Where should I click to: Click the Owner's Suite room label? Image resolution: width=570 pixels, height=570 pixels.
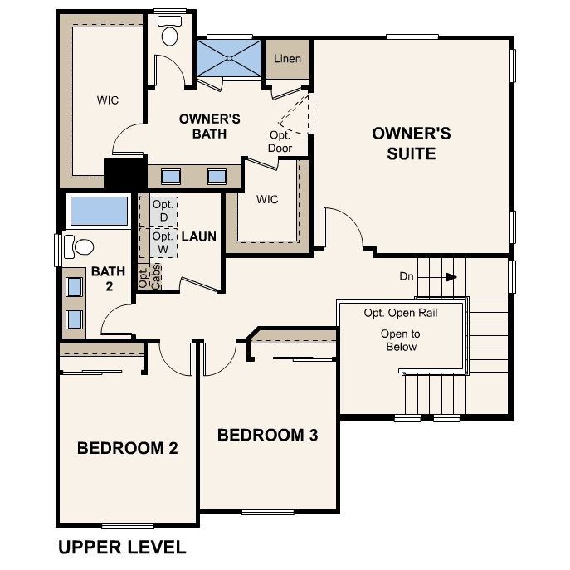click(x=412, y=144)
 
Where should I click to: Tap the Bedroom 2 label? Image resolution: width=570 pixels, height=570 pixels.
click(x=128, y=448)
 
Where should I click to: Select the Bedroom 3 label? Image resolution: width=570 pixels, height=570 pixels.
click(x=267, y=435)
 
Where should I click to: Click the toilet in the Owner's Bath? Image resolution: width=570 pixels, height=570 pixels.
click(x=169, y=32)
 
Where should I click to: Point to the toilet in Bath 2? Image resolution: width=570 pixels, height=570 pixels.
click(x=79, y=246)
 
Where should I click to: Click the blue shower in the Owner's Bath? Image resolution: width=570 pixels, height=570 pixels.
click(x=229, y=58)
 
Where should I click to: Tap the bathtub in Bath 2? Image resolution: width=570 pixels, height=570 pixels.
click(x=99, y=212)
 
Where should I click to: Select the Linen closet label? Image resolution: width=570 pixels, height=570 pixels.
click(x=287, y=59)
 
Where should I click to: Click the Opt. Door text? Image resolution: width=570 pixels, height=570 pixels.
click(x=280, y=141)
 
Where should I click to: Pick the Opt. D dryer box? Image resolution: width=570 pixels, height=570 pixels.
click(x=164, y=211)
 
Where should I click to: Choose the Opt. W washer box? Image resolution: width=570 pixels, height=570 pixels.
click(x=163, y=242)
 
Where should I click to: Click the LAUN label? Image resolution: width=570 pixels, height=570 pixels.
click(x=199, y=236)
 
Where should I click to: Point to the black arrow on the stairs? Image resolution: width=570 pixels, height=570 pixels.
click(x=451, y=277)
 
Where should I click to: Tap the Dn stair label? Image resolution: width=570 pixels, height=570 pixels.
click(x=407, y=276)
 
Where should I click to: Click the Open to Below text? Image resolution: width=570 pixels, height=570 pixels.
click(x=401, y=340)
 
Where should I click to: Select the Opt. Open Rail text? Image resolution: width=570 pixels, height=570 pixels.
click(x=401, y=313)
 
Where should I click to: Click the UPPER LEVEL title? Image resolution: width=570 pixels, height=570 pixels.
click(x=122, y=547)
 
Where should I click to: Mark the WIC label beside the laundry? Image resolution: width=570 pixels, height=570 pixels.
click(x=267, y=199)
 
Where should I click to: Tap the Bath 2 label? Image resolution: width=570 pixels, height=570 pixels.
click(x=109, y=279)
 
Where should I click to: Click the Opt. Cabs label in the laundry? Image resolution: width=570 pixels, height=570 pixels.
click(x=150, y=277)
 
